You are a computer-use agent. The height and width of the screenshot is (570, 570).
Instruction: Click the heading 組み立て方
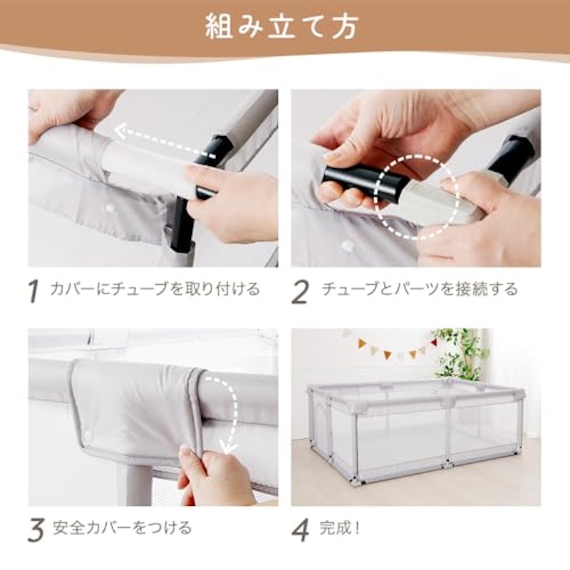pos(281,26)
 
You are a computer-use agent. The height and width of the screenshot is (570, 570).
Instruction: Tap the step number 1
pos(33,291)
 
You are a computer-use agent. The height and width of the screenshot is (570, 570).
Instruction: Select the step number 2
pos(300,291)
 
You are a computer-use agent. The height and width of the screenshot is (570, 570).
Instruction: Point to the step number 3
pos(36,530)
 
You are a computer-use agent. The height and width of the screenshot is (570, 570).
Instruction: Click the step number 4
pos(301,530)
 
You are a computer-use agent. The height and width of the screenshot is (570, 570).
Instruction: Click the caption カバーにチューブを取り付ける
pos(155,289)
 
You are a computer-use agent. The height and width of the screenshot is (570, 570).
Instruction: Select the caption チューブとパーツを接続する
pos(420,289)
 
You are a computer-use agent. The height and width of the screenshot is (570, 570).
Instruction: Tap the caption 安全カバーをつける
pos(122,528)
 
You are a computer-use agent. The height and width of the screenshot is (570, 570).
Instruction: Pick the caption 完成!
pos(340,528)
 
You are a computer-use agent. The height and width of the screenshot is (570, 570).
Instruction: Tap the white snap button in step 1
pos(109,209)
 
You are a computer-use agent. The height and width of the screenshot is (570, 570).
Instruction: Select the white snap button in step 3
pos(88,435)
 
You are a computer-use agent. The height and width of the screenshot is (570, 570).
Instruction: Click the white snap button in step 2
pos(348,246)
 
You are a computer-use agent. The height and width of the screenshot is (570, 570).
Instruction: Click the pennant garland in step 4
pos(390,346)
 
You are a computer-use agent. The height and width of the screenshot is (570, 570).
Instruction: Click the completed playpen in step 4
pos(417,431)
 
